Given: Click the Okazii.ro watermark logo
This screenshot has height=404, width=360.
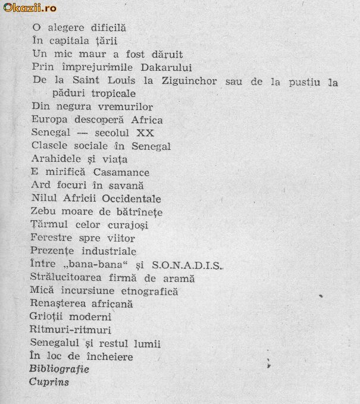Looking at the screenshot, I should pyautogui.click(x=30, y=7).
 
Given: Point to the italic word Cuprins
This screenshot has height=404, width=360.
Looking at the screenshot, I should pyautogui.click(x=49, y=383).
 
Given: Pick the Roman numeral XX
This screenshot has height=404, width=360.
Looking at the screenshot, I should pyautogui.click(x=145, y=133).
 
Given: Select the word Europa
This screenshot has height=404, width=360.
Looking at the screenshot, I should pyautogui.click(x=47, y=120).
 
